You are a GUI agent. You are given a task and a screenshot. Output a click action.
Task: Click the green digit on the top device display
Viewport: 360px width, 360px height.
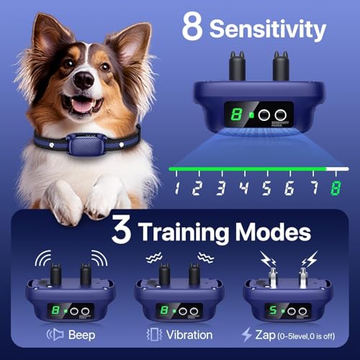[x=235, y=114]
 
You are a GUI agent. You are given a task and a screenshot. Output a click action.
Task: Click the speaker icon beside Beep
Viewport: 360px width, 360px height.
[x=55, y=334]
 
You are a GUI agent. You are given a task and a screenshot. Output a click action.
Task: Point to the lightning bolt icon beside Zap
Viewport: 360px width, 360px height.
[x=246, y=334]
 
